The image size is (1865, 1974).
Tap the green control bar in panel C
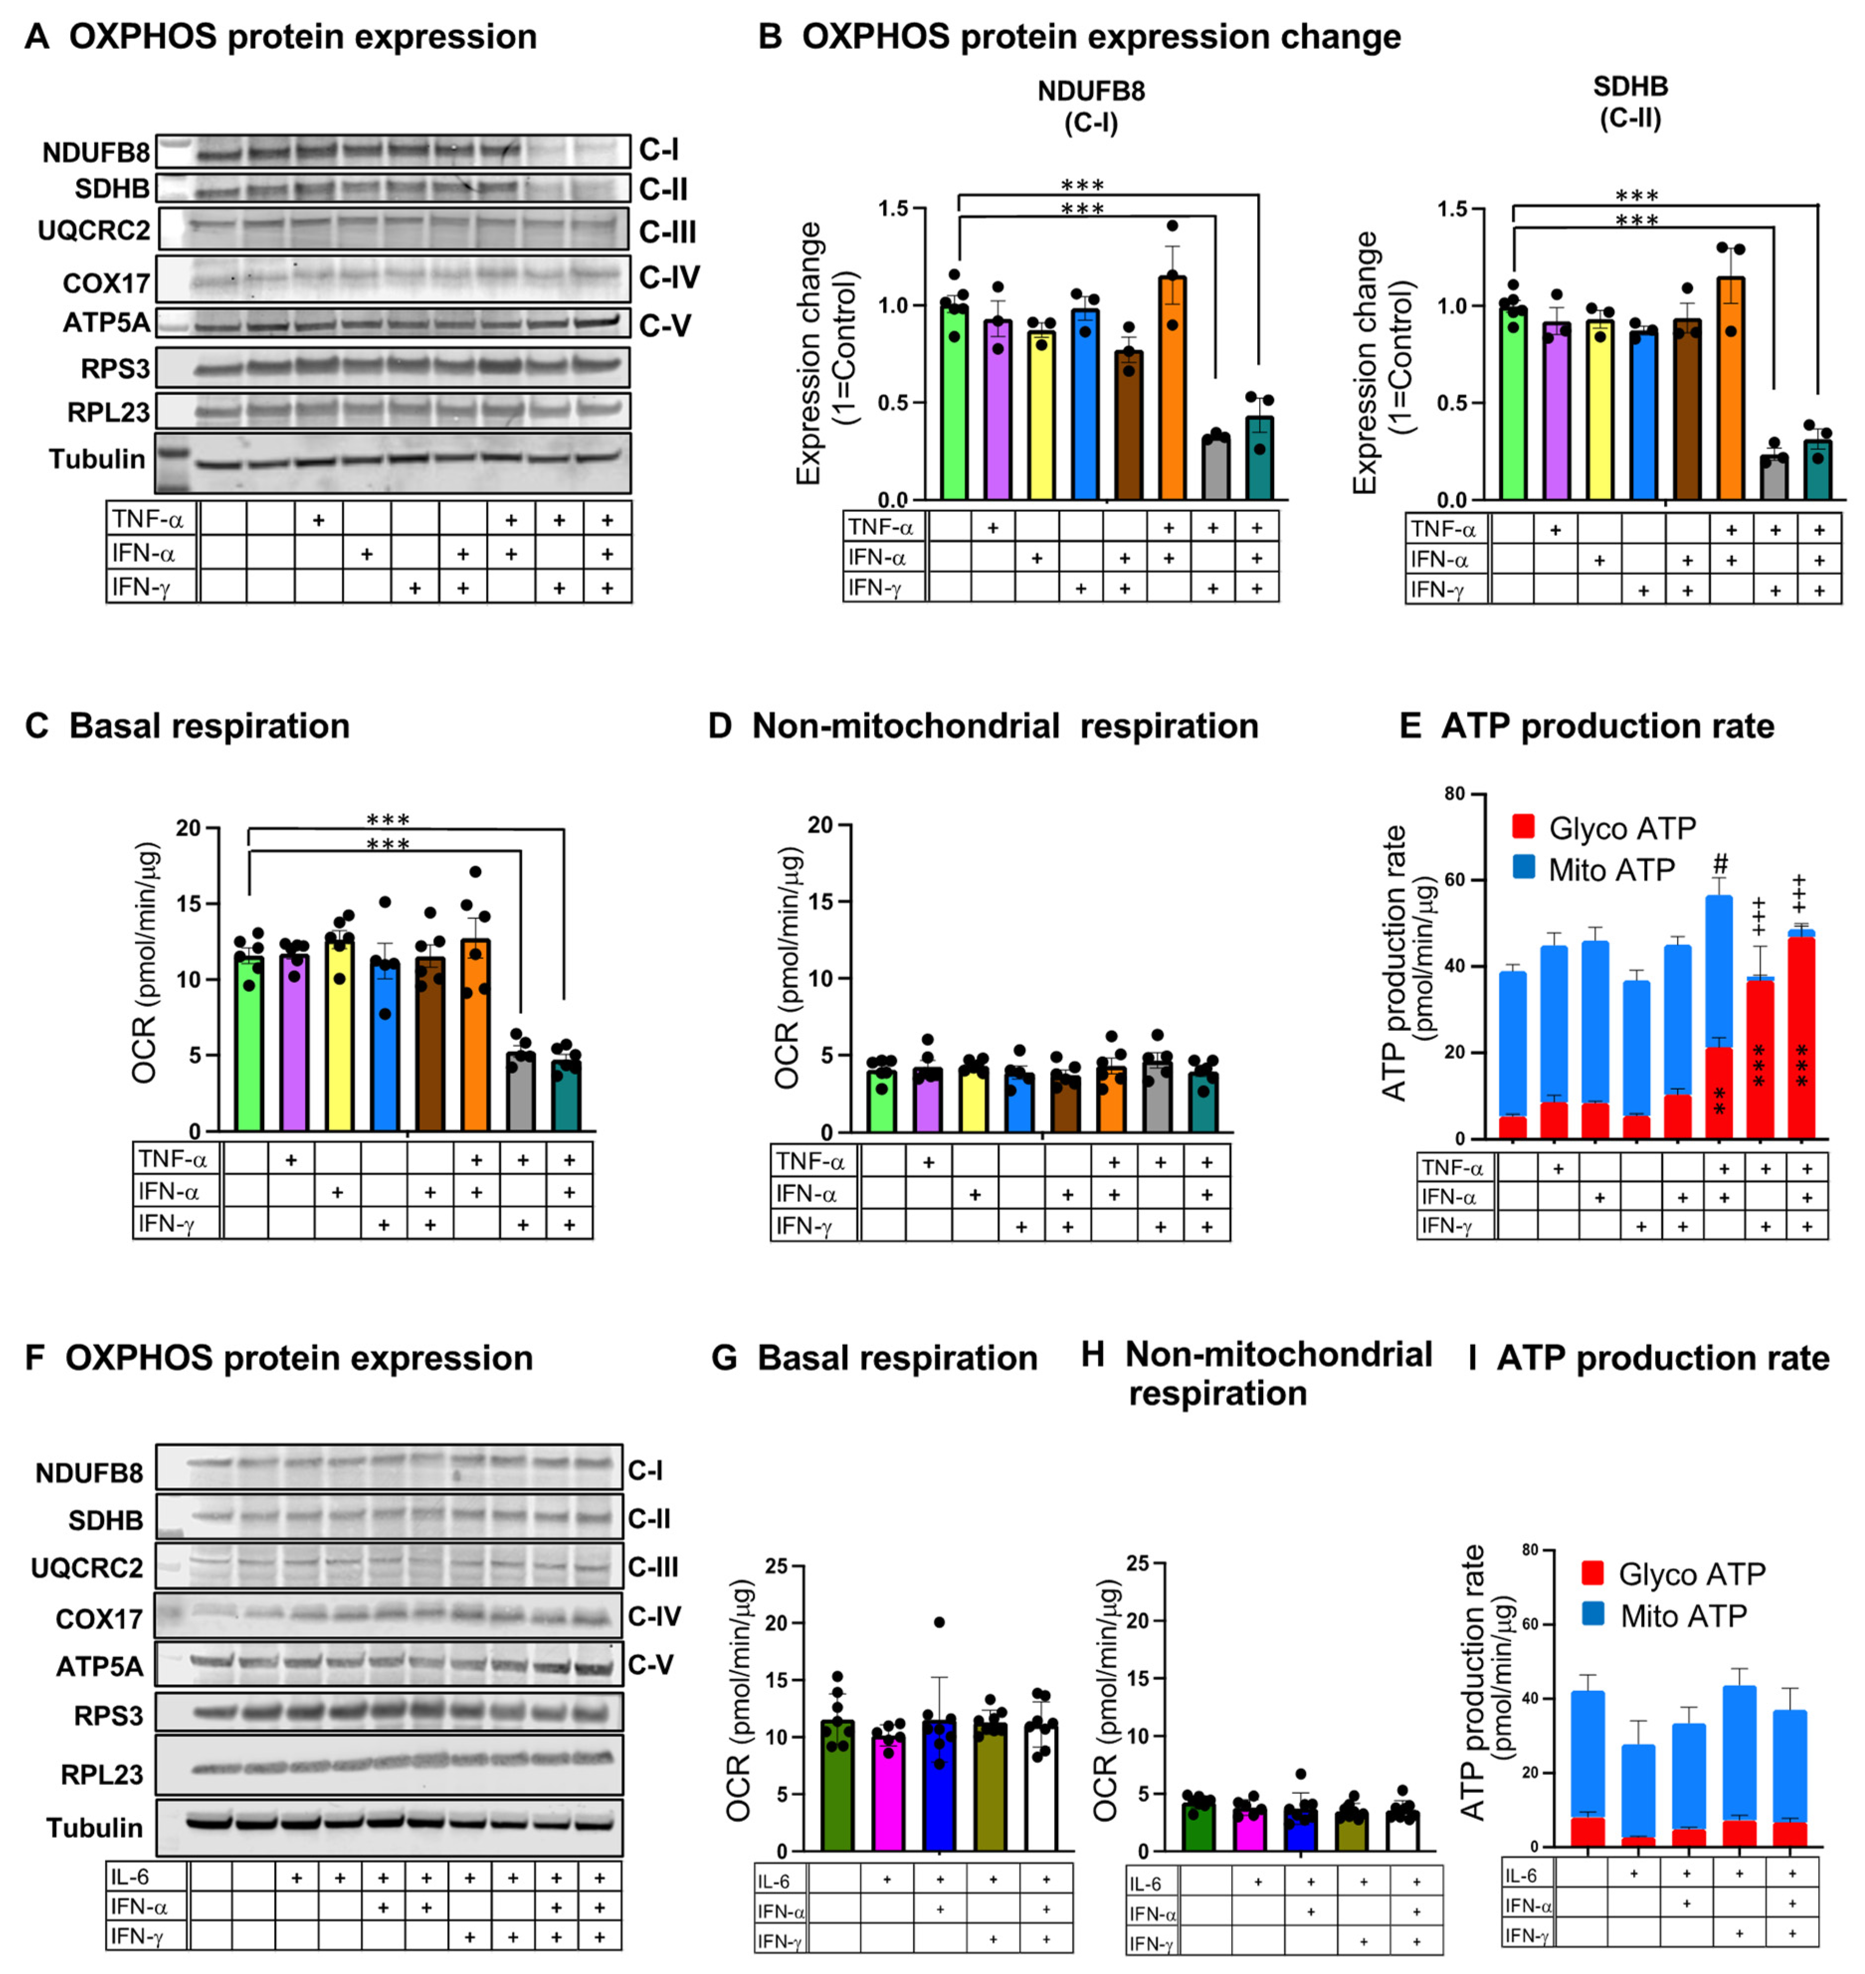click(x=249, y=1044)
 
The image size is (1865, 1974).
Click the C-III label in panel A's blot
click(x=667, y=233)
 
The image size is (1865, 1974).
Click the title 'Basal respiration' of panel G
click(x=897, y=1359)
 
